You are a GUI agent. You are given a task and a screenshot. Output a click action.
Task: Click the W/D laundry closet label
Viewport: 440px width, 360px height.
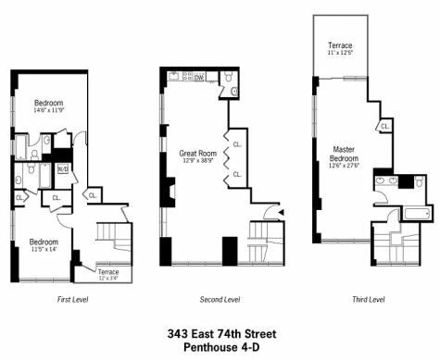pyautogui.click(x=63, y=169)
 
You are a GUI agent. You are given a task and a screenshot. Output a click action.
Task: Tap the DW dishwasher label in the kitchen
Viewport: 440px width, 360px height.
pyautogui.click(x=199, y=79)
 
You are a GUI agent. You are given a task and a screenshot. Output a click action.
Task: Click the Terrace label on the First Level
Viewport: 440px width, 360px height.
pyautogui.click(x=108, y=273)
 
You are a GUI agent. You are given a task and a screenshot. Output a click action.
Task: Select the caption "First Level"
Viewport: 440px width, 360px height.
pyautogui.click(x=77, y=300)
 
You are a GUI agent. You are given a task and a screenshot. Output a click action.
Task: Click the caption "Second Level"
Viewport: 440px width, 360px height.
pyautogui.click(x=220, y=300)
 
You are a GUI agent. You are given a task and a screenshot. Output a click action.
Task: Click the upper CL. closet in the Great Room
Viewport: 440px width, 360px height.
pyautogui.click(x=238, y=144)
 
